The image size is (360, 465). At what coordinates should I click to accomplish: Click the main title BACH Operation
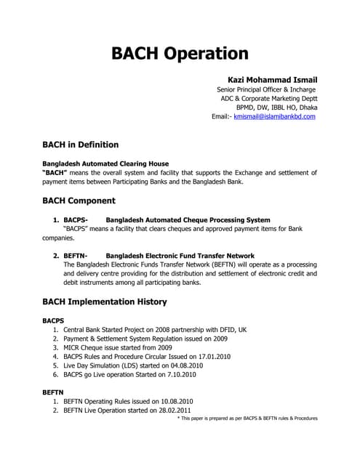(x=180, y=53)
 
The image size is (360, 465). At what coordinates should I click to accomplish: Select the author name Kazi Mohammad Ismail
(x=268, y=79)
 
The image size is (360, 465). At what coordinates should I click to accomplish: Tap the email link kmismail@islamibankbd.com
(x=274, y=116)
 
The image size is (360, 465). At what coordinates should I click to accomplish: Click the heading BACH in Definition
(x=80, y=145)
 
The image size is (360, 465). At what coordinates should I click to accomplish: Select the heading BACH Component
(x=79, y=201)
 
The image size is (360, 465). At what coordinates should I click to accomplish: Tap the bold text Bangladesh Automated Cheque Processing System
(x=188, y=219)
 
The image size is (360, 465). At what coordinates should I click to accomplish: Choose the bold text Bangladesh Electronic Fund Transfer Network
(x=180, y=256)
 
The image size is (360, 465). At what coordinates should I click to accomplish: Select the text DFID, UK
(x=231, y=329)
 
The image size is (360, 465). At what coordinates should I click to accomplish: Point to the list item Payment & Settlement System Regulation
(x=145, y=339)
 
